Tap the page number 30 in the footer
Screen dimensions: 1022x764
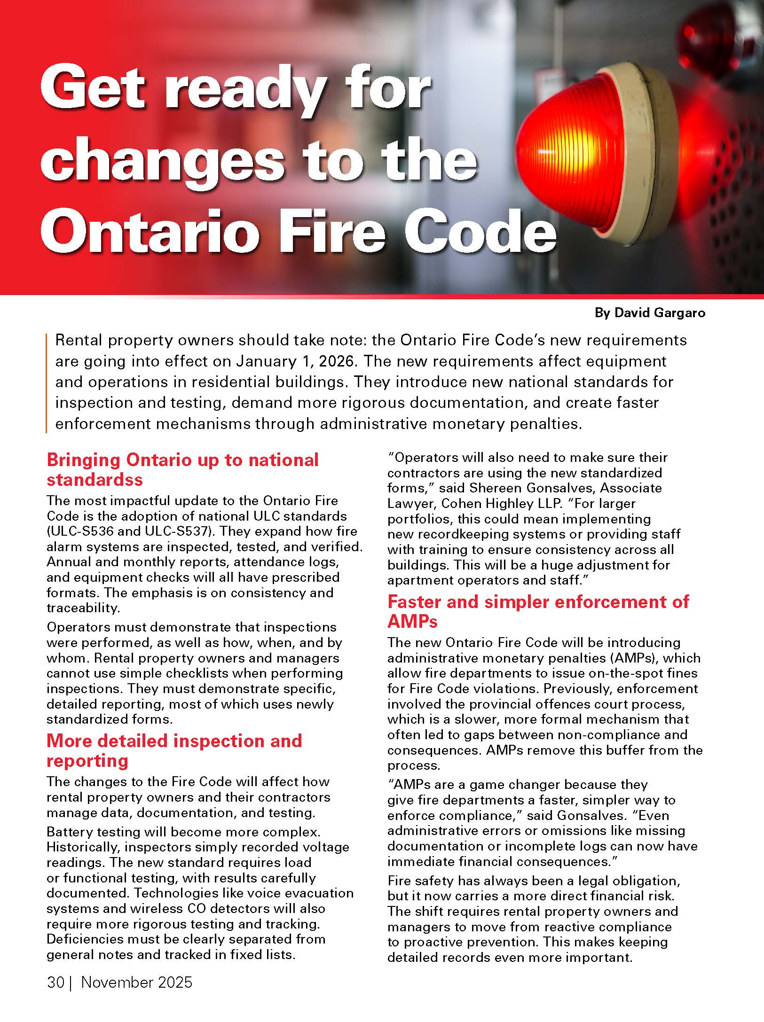point(55,983)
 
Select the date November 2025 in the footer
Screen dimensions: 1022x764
point(137,983)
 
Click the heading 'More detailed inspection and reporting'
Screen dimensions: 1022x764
point(174,750)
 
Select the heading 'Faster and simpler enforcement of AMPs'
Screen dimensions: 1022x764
point(538,611)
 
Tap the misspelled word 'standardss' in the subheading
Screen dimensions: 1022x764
point(95,480)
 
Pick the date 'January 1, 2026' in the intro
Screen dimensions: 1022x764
point(295,361)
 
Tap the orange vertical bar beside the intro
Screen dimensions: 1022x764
point(47,382)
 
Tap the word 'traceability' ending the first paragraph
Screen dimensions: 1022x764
point(83,608)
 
